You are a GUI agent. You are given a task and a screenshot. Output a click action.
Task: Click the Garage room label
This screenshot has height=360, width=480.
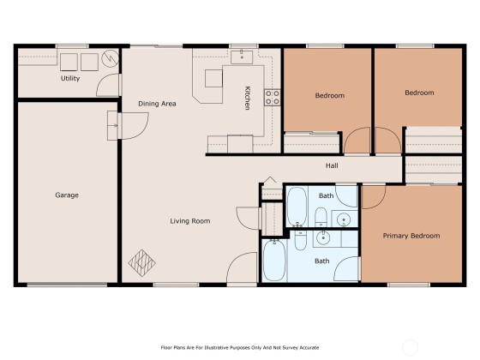[x=67, y=195]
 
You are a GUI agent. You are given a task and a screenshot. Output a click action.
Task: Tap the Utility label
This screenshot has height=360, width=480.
[x=70, y=78]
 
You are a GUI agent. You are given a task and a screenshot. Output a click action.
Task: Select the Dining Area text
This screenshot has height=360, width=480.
[x=157, y=104]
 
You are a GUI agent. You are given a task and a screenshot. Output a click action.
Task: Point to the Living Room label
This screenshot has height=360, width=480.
[x=190, y=221]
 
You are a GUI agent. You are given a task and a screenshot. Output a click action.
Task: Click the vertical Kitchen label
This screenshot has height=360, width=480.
[x=248, y=98]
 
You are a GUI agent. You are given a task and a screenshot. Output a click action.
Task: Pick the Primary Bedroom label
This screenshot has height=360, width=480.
[x=411, y=236]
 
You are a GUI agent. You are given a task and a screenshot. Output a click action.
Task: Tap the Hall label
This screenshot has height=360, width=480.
[x=332, y=165]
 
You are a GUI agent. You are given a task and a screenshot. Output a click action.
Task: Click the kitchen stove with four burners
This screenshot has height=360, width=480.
[x=273, y=98]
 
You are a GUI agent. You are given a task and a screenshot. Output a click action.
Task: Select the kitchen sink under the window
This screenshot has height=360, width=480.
[x=242, y=57]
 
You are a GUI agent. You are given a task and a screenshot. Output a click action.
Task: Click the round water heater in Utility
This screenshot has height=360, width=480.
[x=110, y=58]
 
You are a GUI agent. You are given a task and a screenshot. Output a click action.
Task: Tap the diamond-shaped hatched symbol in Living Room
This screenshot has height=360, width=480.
[x=141, y=263]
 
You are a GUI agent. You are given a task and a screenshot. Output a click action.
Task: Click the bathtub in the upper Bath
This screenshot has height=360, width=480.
[x=297, y=207]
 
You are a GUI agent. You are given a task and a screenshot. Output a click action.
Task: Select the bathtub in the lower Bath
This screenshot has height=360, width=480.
[x=274, y=261]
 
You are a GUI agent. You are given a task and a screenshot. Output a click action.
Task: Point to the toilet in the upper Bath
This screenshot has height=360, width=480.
[x=321, y=216]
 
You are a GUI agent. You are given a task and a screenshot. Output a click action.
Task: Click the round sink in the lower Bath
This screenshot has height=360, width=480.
[x=323, y=238]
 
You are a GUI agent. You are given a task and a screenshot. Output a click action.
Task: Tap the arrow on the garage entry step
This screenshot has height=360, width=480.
[x=113, y=125]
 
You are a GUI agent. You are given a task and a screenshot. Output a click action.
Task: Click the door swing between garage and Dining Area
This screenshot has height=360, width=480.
[x=135, y=126]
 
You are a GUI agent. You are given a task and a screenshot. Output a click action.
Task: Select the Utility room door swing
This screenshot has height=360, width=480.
[x=107, y=85]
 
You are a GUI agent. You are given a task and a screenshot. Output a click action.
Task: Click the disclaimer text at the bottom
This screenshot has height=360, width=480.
[x=240, y=347]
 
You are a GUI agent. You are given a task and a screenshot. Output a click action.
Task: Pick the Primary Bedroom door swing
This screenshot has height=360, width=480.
[x=374, y=197]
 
